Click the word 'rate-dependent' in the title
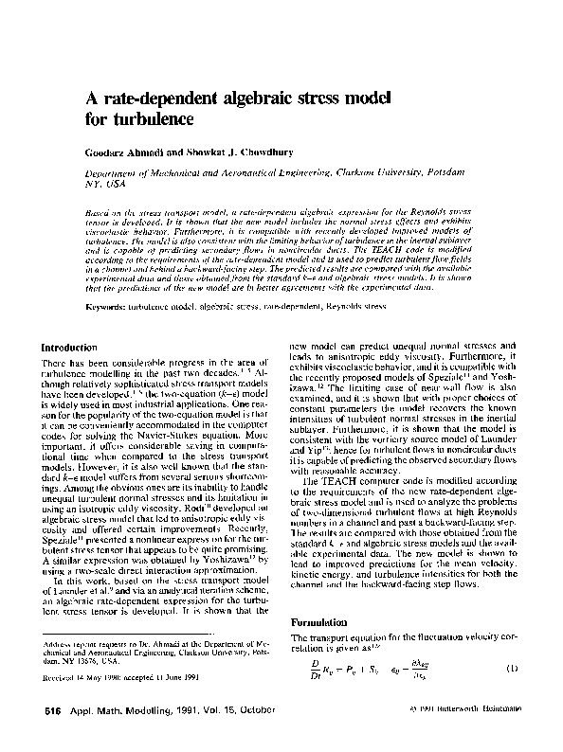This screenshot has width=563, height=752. [x=152, y=98]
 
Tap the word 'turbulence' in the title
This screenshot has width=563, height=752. [x=153, y=120]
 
